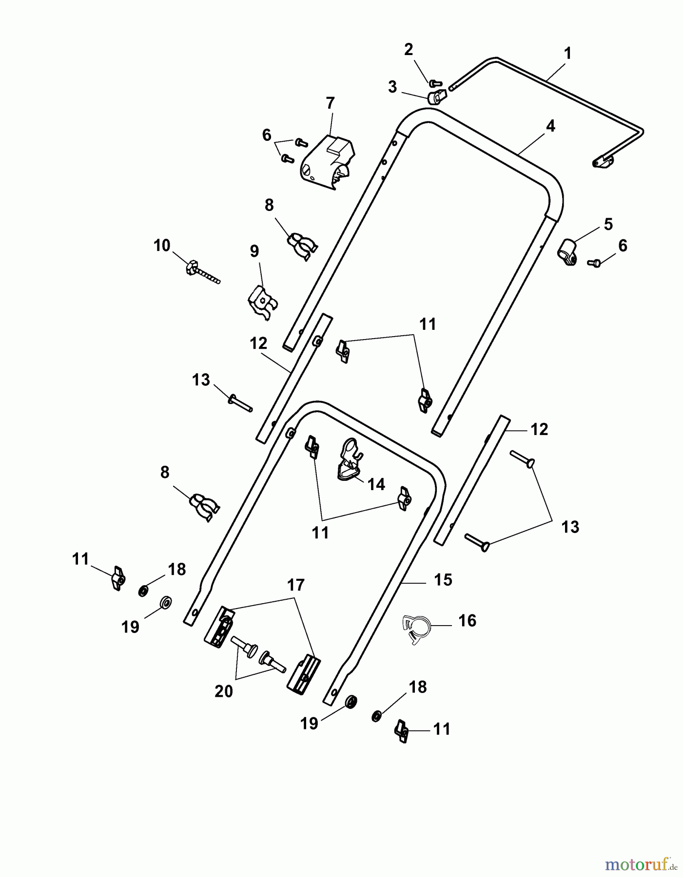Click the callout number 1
(x=567, y=54)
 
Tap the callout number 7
(x=330, y=103)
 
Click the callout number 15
(x=443, y=580)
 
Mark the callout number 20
(x=224, y=691)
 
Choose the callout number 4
(x=550, y=126)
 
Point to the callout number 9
(x=254, y=251)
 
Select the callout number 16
(x=468, y=621)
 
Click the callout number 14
(x=376, y=484)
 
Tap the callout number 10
(x=162, y=246)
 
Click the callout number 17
(x=296, y=585)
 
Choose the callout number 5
(x=608, y=225)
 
